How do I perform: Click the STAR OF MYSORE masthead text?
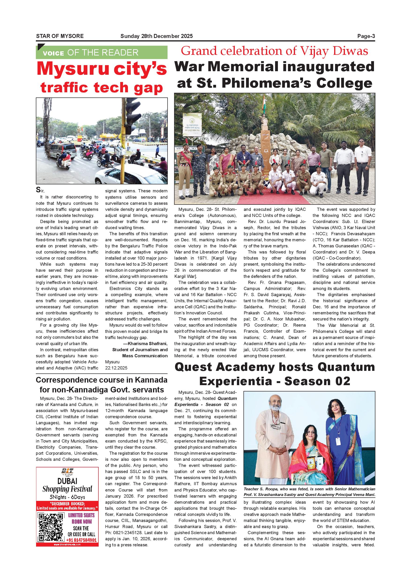[x=60, y=36]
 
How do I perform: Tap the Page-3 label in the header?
[x=366, y=36]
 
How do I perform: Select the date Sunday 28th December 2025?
[x=156, y=36]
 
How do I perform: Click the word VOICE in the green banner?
[x=53, y=53]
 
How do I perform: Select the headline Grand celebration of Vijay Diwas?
[x=274, y=51]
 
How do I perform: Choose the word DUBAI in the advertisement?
[x=67, y=481]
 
